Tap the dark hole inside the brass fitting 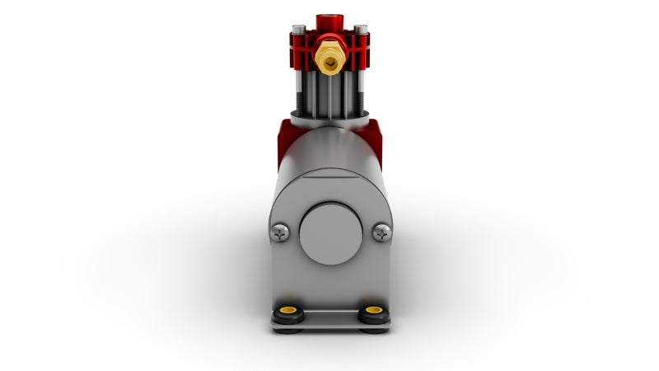pyautogui.click(x=329, y=59)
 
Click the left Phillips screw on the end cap pyautogui.click(x=281, y=233)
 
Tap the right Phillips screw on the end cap pyautogui.click(x=381, y=233)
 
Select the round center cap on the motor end pyautogui.click(x=330, y=233)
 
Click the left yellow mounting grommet pyautogui.click(x=288, y=312)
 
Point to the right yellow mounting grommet pyautogui.click(x=373, y=312)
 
